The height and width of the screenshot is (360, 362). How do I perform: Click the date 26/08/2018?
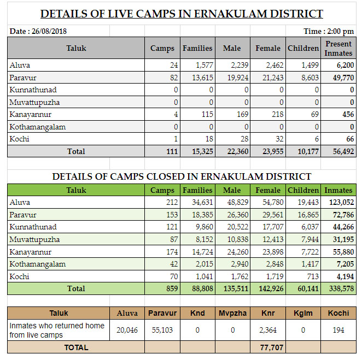(x=49, y=31)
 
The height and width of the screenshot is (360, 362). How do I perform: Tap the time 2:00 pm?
(x=340, y=31)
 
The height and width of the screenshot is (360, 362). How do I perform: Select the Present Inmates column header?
(x=338, y=48)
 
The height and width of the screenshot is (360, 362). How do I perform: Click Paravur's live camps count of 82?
(x=174, y=78)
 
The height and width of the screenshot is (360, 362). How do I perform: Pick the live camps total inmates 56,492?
(x=343, y=151)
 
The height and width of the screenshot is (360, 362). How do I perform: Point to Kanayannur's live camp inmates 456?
(x=348, y=114)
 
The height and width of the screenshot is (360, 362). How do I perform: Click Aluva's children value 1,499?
(x=310, y=65)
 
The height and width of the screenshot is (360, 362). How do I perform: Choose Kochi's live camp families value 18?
(x=209, y=139)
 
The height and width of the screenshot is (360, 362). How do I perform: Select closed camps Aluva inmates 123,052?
(x=341, y=202)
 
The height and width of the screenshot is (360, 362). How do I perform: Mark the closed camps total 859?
(x=172, y=288)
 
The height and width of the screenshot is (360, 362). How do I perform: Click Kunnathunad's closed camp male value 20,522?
(x=238, y=227)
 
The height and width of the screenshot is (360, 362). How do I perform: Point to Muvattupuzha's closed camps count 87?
(x=174, y=239)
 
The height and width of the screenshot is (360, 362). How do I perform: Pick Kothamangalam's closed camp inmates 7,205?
(x=345, y=264)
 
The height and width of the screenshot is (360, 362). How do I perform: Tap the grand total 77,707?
(x=271, y=347)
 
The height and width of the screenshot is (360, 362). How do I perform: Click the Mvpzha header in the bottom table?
(x=232, y=313)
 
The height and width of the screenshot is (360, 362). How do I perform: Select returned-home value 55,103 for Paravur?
(x=162, y=330)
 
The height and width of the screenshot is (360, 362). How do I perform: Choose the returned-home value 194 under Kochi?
(x=338, y=330)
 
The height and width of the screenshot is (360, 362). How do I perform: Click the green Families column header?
(x=197, y=190)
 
